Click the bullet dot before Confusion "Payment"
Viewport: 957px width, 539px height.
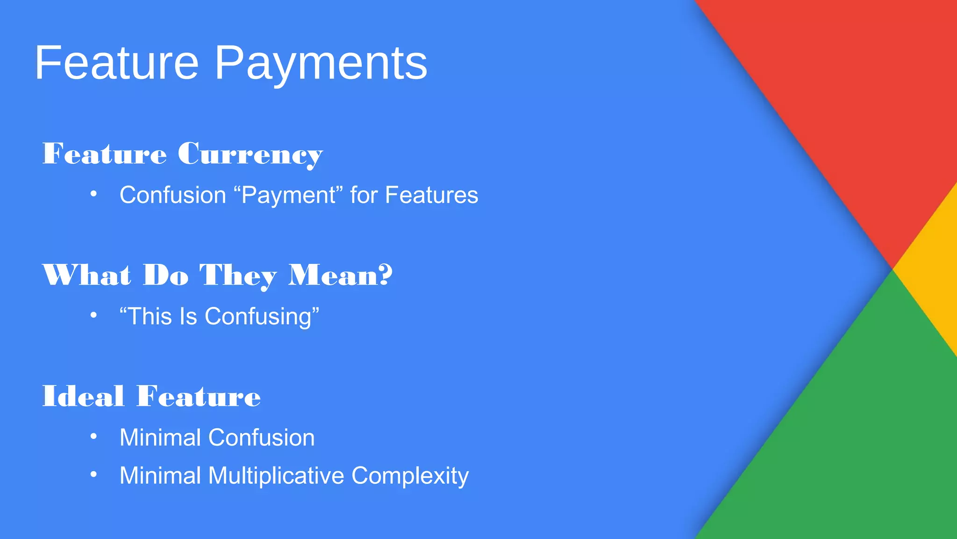click(x=93, y=194)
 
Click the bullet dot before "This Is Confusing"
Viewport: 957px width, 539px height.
click(x=93, y=315)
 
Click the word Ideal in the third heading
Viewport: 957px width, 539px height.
click(x=83, y=396)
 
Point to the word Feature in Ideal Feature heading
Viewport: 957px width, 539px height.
click(x=199, y=396)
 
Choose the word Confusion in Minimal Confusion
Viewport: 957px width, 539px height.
click(x=261, y=437)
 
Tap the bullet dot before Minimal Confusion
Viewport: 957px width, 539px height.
click(x=93, y=437)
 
